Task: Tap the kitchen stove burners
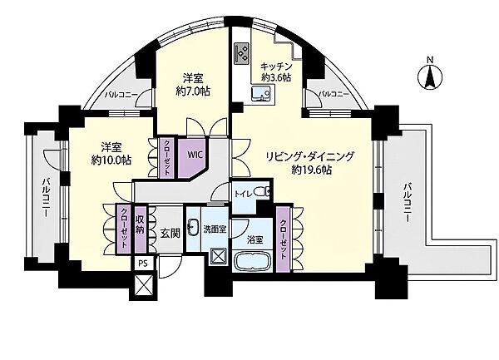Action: (242, 52)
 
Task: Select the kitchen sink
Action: (261, 94)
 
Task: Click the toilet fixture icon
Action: (262, 192)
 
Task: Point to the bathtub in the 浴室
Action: (252, 261)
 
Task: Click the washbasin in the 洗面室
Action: (193, 226)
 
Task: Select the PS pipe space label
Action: (144, 264)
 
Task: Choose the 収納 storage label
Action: (140, 224)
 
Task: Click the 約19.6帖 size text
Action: (312, 170)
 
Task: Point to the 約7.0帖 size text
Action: (193, 91)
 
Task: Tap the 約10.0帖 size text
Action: (111, 160)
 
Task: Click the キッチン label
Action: (276, 67)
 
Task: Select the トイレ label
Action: (244, 193)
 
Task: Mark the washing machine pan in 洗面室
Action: (219, 256)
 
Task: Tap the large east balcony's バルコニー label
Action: (408, 202)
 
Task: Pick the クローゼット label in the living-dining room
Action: (284, 239)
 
